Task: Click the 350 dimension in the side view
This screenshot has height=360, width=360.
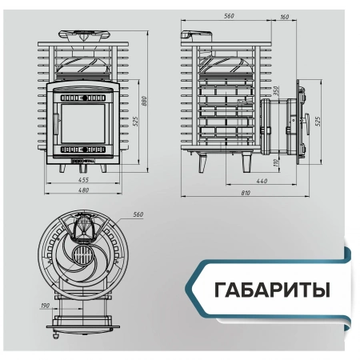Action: point(276,91)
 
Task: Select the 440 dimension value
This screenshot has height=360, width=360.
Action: point(261,181)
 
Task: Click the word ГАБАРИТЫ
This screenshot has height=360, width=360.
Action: point(272,289)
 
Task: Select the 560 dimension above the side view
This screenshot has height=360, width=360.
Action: point(230,15)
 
